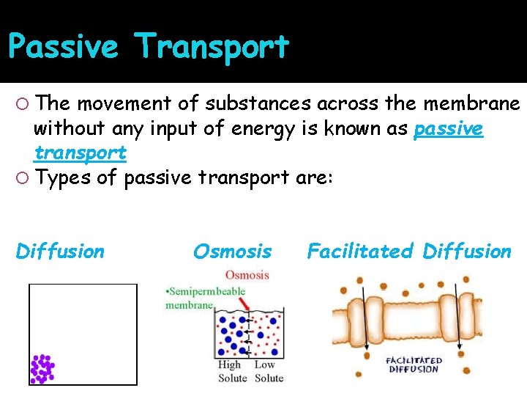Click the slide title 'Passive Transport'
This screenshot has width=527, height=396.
[x=149, y=47]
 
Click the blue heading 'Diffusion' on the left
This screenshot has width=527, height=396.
[x=60, y=252]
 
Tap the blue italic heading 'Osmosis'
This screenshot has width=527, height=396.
[x=232, y=252]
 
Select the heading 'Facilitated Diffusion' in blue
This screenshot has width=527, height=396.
[x=408, y=252]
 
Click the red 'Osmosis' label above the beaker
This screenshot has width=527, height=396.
[x=247, y=276]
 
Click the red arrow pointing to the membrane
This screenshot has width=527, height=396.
[x=239, y=301]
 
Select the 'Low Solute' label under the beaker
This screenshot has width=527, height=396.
[x=269, y=372]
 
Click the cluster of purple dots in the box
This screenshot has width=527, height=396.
[x=42, y=369]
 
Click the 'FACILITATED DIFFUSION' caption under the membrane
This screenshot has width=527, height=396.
[x=414, y=364]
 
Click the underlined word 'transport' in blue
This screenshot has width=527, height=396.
[x=81, y=153]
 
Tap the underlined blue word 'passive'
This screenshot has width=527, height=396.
[x=448, y=129]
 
